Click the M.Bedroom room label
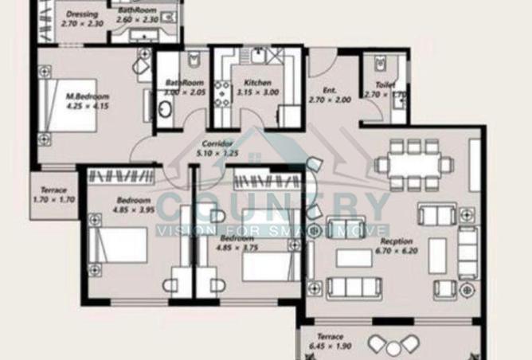click(x=87, y=96)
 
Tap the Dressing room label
click(x=82, y=14)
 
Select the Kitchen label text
click(x=257, y=82)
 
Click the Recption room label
click(x=397, y=241)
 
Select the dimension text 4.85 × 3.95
click(x=132, y=210)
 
